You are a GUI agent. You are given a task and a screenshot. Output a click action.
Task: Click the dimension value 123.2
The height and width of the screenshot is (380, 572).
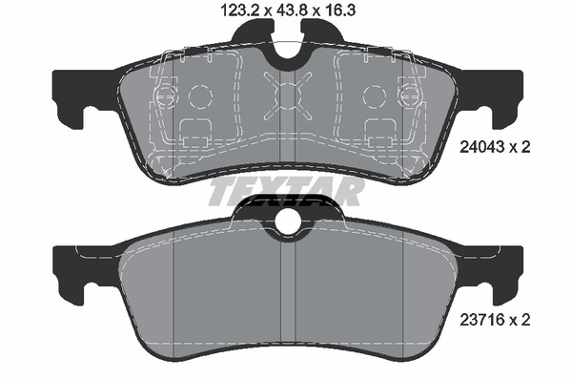(x=239, y=10)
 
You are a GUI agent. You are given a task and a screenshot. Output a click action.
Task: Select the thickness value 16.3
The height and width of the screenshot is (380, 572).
(x=338, y=10)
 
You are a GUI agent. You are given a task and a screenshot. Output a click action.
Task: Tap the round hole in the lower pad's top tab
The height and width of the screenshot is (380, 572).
(x=288, y=222)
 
